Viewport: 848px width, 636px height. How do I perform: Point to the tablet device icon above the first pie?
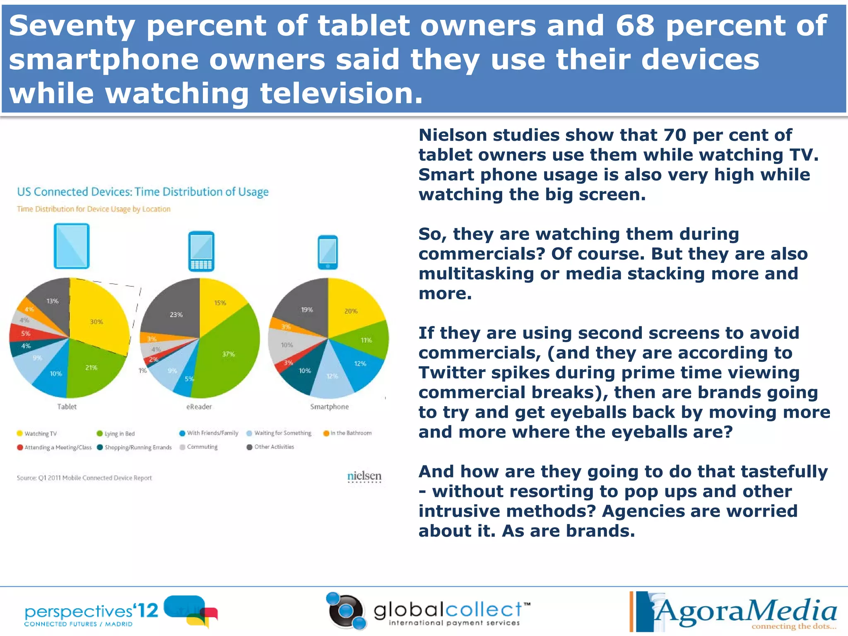click(x=72, y=246)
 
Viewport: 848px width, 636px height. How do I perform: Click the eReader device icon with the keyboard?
click(x=201, y=251)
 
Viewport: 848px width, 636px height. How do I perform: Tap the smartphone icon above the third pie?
click(x=328, y=252)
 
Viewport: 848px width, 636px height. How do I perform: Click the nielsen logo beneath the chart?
click(x=364, y=476)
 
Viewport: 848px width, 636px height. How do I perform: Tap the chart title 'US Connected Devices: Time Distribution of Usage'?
click(x=143, y=192)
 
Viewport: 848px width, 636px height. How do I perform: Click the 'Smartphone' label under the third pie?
click(x=330, y=407)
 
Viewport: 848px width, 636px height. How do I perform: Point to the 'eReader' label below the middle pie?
click(x=199, y=407)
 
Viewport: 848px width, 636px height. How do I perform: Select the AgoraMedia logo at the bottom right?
click(x=733, y=612)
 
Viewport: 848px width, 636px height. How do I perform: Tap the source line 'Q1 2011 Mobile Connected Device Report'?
click(x=84, y=478)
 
